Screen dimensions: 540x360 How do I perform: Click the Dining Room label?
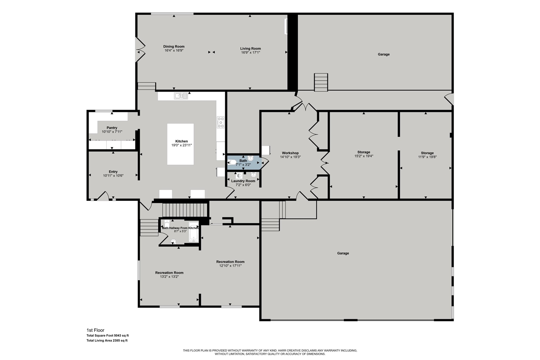[173, 46]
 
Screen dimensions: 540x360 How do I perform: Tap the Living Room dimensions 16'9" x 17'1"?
[251, 53]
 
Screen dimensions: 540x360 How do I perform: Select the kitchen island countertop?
[180, 144]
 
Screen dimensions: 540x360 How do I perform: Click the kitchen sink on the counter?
[181, 96]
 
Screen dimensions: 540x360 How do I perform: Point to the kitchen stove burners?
[221, 122]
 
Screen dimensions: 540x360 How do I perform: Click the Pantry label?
[112, 128]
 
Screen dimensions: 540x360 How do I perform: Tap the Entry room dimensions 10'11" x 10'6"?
[113, 176]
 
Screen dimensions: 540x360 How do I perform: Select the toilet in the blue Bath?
[232, 162]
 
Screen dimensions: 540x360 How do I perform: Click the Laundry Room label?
[243, 181]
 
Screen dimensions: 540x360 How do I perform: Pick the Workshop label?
[290, 153]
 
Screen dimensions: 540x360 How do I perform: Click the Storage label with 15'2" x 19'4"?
[364, 152]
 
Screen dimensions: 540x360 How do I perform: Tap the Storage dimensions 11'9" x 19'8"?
[427, 157]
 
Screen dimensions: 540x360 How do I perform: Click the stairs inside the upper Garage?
[321, 82]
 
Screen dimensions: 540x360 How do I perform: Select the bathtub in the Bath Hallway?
[194, 231]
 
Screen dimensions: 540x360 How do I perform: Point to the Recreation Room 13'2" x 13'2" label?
[169, 273]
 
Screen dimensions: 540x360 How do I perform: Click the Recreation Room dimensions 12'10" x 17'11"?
[230, 266]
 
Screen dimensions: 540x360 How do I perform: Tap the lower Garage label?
[343, 253]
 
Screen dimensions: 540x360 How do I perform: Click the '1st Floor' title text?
[95, 330]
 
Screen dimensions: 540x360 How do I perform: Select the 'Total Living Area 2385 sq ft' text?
[107, 341]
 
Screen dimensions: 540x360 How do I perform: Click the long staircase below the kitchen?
[185, 210]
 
